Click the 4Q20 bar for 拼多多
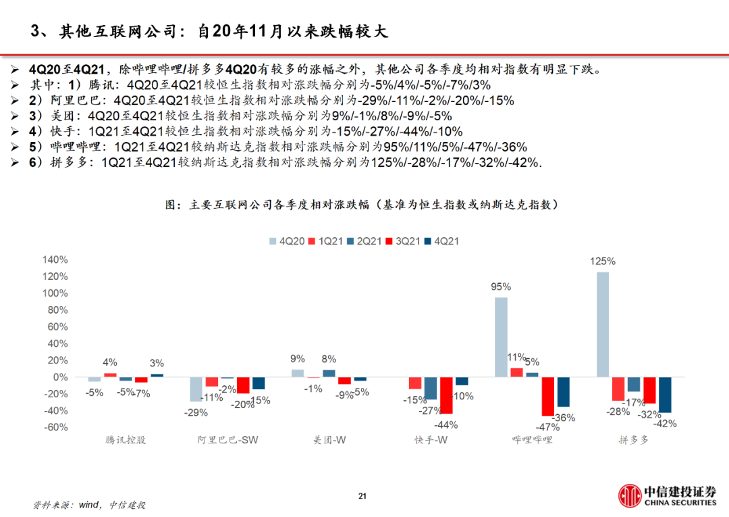[x=603, y=324]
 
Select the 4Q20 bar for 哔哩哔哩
[x=501, y=337]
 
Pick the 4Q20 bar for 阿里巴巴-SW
[x=196, y=389]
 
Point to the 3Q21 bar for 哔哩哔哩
[x=547, y=396]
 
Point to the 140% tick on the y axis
[x=55, y=260]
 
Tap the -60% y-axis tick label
[x=55, y=427]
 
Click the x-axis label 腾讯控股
[x=126, y=440]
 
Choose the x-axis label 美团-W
[x=329, y=440]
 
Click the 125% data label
[x=602, y=262]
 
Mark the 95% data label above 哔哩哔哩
[x=501, y=287]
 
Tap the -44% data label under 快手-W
[x=446, y=425]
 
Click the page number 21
[x=362, y=497]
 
